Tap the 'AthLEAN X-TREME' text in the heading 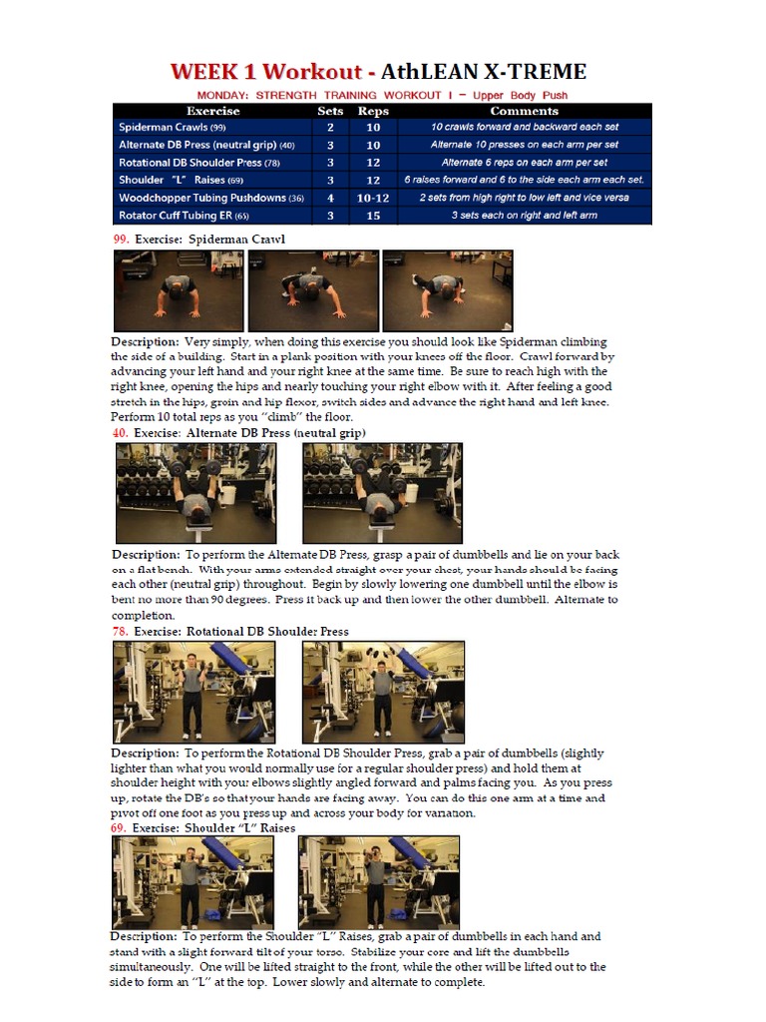484,72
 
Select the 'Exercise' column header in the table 213,111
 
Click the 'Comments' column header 524,111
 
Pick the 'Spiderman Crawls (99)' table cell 173,128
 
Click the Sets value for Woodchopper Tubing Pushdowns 330,198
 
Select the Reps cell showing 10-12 373,198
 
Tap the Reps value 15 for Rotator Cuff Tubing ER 373,216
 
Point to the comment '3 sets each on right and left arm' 524,216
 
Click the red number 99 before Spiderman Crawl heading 121,240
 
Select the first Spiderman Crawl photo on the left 179,290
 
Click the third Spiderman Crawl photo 448,290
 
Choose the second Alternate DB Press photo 382,493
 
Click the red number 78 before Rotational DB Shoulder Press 120,632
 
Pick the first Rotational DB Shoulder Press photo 193,692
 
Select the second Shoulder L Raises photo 378,882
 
